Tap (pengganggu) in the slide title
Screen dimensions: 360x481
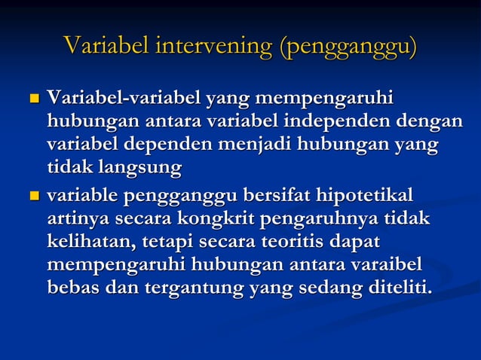point(348,47)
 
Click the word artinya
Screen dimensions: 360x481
point(77,219)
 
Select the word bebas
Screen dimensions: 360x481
point(72,287)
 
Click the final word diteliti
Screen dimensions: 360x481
point(390,287)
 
